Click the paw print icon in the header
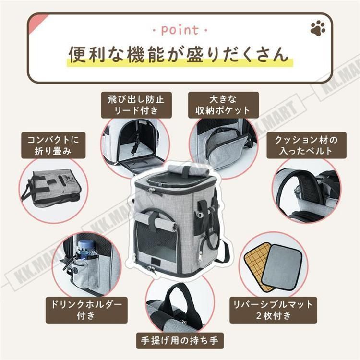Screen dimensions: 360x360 [x=318, y=28]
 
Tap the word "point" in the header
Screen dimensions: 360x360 [x=180, y=30]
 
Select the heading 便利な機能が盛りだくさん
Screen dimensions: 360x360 [x=179, y=54]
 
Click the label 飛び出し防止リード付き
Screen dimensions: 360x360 [x=136, y=105]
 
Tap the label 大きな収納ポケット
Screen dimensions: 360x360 [x=223, y=105]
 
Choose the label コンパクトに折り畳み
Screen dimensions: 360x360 [x=53, y=145]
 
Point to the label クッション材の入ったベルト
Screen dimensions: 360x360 [x=306, y=145]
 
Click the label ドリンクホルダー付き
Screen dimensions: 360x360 [x=86, y=310]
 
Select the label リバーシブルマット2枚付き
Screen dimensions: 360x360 [x=273, y=310]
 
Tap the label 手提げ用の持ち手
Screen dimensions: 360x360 [x=180, y=340]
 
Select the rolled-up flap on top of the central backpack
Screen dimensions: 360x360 [x=189, y=169]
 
